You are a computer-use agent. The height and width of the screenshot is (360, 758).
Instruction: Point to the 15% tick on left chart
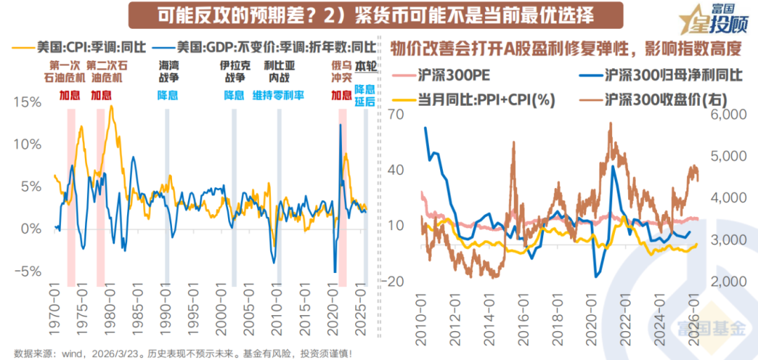coord(27,102)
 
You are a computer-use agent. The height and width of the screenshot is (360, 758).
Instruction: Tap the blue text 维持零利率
coord(279,95)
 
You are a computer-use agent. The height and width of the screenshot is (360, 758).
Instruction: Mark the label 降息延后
coord(364,95)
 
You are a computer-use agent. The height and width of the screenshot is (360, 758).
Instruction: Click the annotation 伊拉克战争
coord(234,72)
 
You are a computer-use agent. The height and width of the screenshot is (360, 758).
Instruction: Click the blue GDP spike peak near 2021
coord(340,125)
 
